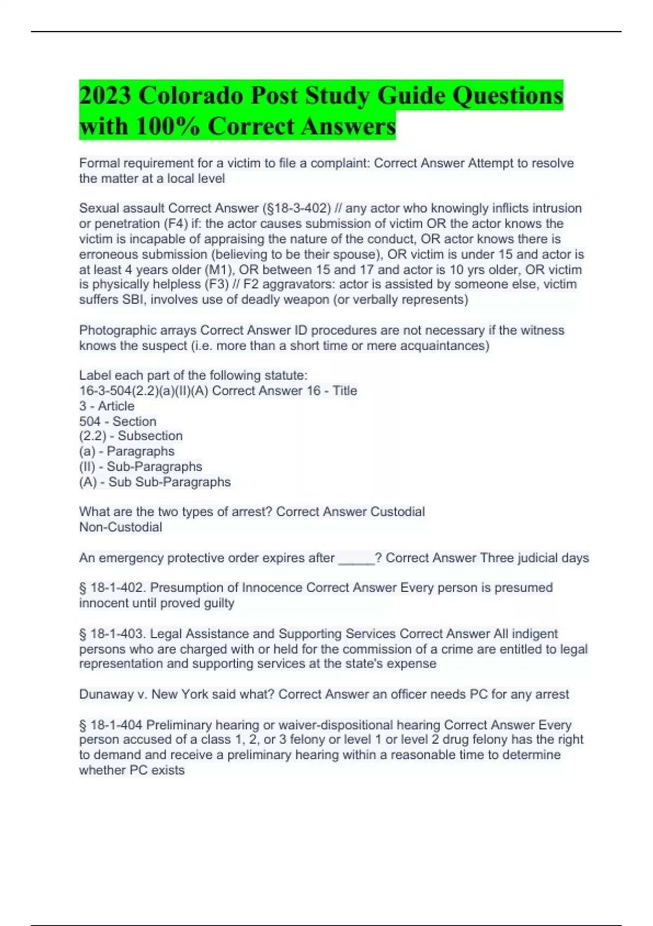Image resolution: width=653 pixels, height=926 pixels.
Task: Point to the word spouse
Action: (x=360, y=254)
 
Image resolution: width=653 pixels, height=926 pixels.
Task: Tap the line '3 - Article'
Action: (x=107, y=406)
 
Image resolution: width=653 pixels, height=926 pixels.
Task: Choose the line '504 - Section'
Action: (x=118, y=421)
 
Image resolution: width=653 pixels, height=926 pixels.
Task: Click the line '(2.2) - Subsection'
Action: (x=131, y=436)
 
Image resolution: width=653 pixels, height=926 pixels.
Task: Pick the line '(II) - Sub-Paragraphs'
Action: (x=140, y=466)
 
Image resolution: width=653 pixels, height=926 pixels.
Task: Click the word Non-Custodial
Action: (x=120, y=527)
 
